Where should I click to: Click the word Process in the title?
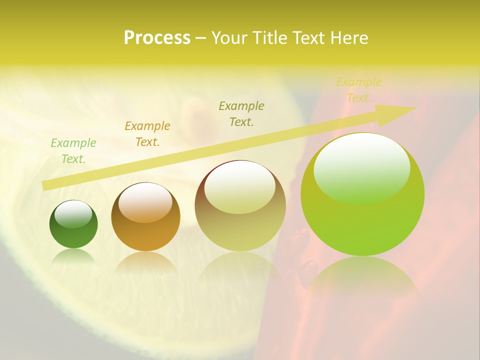(157, 38)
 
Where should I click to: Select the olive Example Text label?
(241, 113)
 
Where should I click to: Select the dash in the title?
(200, 38)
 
